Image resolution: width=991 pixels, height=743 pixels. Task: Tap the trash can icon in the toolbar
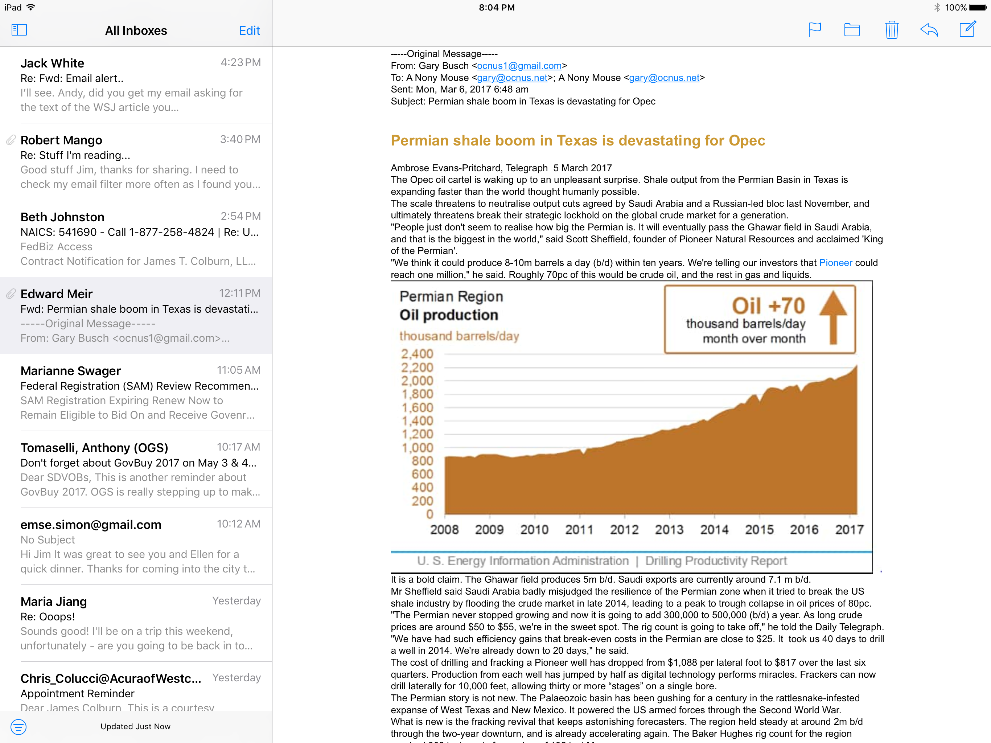click(x=892, y=30)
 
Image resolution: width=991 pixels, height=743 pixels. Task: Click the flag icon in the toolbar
click(x=814, y=30)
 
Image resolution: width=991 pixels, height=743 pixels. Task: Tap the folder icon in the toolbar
click(x=852, y=30)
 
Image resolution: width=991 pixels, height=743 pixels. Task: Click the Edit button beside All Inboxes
click(x=249, y=30)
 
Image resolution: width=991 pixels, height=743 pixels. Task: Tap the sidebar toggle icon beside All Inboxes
click(x=19, y=30)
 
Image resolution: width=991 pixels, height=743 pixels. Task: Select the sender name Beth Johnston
click(x=62, y=217)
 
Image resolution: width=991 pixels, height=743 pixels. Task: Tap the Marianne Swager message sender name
click(x=70, y=371)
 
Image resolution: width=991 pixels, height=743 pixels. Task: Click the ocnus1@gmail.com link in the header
click(x=519, y=66)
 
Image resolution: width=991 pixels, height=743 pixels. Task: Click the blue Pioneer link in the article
click(x=835, y=263)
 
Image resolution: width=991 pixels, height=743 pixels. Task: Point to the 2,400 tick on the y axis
click(x=417, y=354)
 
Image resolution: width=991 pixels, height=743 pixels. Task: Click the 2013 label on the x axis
click(x=669, y=530)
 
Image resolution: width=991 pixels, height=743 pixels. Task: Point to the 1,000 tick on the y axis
click(x=417, y=448)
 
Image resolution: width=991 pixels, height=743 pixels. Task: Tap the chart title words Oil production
click(x=448, y=315)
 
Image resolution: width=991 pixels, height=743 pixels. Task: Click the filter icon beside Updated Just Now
click(x=18, y=726)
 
